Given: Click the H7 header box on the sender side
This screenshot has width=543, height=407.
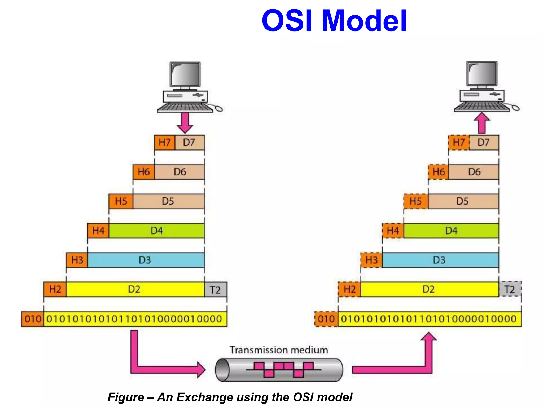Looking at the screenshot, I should pos(164,143).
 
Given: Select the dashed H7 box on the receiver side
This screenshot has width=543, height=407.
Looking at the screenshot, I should pos(459,143).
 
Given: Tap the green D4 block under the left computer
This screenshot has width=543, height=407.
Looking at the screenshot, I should pos(156,231).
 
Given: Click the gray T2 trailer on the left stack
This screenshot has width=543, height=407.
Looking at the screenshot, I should pos(215,290).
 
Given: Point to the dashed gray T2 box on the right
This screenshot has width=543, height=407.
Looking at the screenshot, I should pos(510,289).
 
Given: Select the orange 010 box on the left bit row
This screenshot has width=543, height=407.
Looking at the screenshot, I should pos(33,319).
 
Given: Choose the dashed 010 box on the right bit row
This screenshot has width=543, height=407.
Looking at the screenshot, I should pos(326,319).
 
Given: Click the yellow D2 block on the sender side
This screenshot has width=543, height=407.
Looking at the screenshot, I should pos(135,289).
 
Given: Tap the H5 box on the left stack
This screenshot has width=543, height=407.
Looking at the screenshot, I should pos(121,201).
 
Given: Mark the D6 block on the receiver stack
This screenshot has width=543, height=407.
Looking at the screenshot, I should pos(474,172).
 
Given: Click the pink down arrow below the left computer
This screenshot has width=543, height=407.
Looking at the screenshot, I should pos(185,122).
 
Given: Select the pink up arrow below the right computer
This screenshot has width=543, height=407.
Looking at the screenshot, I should pos(481,123).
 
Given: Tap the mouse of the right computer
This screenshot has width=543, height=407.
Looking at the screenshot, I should pos(515,108).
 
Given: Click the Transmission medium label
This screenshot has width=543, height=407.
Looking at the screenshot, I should pos(279,350).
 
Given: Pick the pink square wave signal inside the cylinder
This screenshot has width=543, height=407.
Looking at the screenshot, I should pos(283,369).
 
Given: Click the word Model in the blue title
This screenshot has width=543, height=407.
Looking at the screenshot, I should pos(364,21).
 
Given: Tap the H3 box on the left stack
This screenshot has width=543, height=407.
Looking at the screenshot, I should pos(77,260).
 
